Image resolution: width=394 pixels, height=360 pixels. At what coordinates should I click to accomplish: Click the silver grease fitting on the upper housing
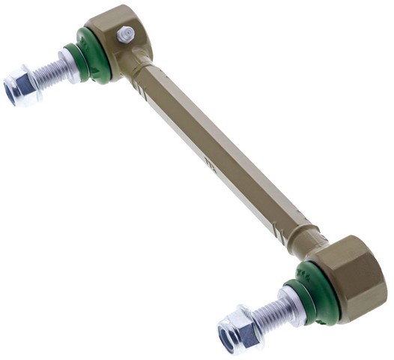pos(126,34)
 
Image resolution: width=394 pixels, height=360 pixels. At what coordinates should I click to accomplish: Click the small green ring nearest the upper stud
pos(78,59)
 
